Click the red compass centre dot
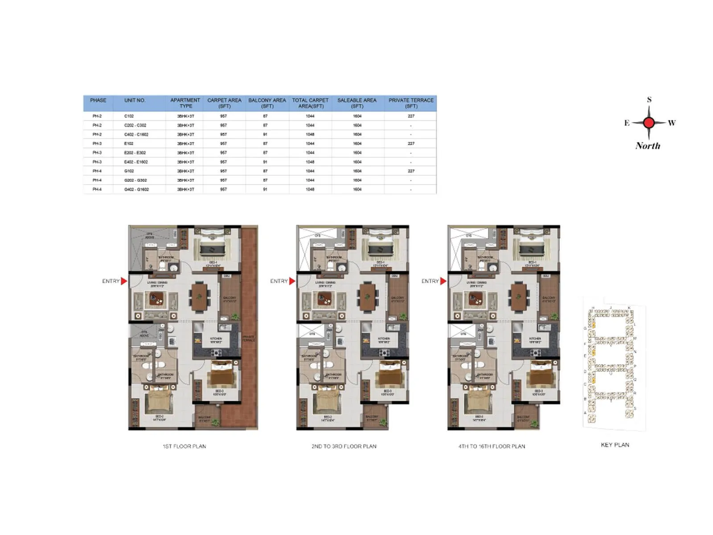[649, 123]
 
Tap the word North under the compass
[647, 146]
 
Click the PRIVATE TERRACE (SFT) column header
[410, 103]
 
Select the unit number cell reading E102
[129, 144]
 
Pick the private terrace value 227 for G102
[410, 171]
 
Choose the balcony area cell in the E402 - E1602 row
[265, 162]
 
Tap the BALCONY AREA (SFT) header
[267, 103]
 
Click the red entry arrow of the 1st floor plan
[124, 281]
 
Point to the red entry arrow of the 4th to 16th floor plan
[443, 281]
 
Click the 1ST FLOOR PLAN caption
[184, 446]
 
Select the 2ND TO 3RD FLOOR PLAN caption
[344, 446]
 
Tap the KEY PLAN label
[615, 445]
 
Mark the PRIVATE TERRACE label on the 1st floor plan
[249, 339]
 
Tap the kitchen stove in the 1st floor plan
[217, 353]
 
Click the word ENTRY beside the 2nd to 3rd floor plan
[279, 281]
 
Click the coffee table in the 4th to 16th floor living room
[474, 300]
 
